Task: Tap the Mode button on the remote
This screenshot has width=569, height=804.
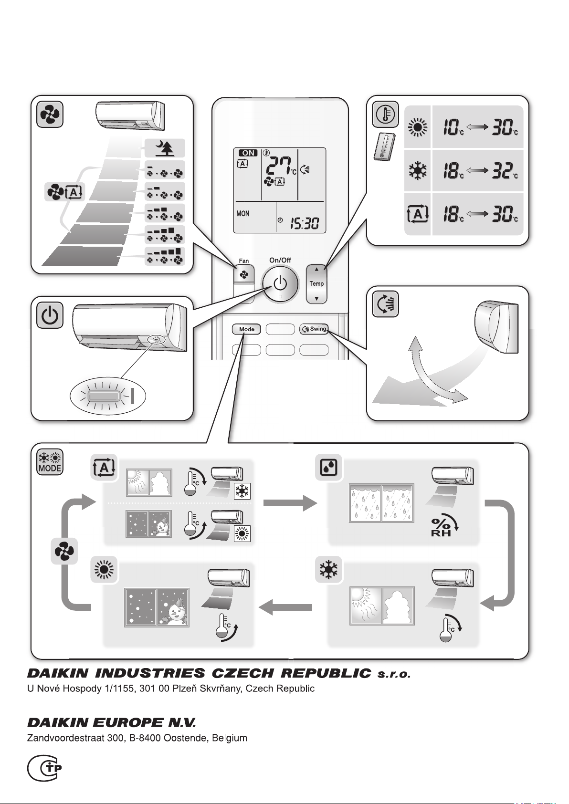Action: [247, 329]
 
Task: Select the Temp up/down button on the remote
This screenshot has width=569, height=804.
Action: [316, 284]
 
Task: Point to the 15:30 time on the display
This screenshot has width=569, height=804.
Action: [305, 224]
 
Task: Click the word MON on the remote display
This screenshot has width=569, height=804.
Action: [242, 214]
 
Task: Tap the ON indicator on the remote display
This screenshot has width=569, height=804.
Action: [248, 153]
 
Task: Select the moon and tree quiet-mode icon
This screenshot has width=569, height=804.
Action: [165, 148]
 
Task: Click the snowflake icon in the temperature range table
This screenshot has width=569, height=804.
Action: [418, 170]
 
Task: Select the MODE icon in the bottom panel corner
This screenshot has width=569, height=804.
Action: [50, 462]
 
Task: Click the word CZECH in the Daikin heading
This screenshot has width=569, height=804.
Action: [244, 673]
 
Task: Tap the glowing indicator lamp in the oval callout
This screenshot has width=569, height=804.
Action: [104, 397]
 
